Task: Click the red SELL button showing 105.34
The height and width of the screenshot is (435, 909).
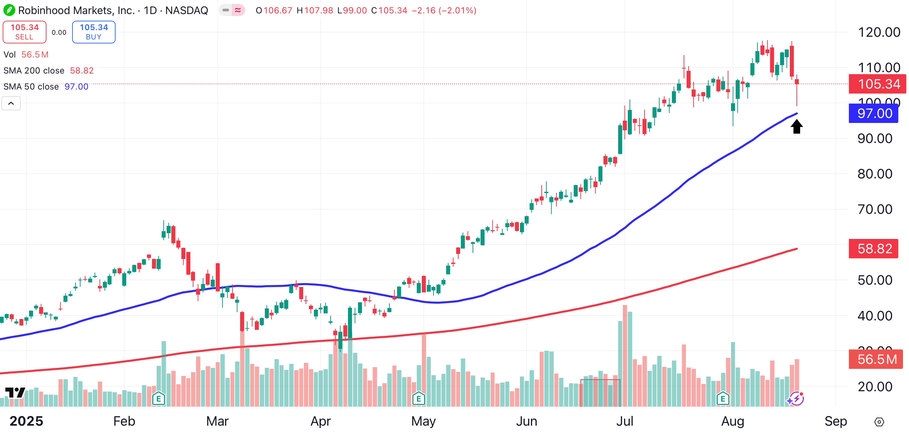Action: pos(24,32)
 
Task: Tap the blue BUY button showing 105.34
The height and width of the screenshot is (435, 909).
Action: pos(94,32)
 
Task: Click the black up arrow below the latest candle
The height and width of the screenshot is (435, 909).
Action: pos(796,126)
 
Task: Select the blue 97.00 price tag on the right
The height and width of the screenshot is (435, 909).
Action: pos(873,113)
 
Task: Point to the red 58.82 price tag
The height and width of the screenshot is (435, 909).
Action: pos(873,249)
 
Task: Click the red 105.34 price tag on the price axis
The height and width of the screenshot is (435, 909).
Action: pos(877,84)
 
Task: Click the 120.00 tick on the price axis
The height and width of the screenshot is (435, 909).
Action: pos(879,32)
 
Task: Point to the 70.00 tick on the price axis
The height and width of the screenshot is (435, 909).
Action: pos(875,209)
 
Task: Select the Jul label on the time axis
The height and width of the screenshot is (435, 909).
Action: pos(624,421)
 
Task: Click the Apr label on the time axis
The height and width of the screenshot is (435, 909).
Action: pos(320,421)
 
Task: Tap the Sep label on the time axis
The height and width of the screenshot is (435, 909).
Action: pos(835,421)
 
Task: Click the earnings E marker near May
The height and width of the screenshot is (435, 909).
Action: pos(418,399)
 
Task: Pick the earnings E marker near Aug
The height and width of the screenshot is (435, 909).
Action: pos(723,399)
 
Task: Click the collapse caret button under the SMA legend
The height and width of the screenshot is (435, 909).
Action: pos(11,104)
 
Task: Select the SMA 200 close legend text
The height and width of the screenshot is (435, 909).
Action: pos(34,70)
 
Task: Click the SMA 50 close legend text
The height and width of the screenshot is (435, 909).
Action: pos(31,87)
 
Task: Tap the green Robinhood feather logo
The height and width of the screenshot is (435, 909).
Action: pos(9,10)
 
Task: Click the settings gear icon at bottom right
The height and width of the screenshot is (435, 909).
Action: pos(879,422)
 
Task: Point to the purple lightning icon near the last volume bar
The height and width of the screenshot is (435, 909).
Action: pos(796,399)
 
